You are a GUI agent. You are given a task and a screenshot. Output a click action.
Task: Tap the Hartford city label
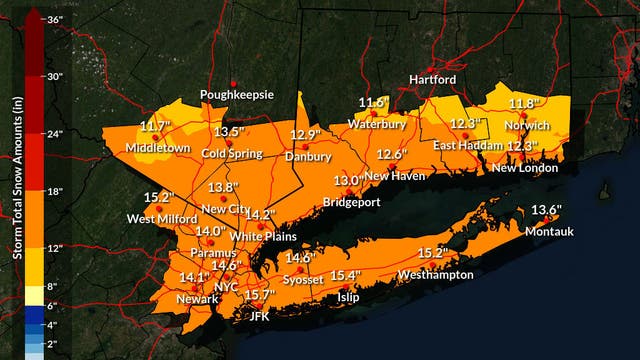pyautogui.click(x=433, y=80)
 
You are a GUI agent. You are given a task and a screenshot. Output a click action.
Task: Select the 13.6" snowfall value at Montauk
pyautogui.click(x=546, y=210)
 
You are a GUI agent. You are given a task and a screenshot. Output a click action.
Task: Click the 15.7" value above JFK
pyautogui.click(x=259, y=295)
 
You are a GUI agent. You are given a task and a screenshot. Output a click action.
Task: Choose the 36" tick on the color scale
pyautogui.click(x=55, y=19)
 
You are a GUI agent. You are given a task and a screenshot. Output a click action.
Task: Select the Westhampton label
pyautogui.click(x=431, y=274)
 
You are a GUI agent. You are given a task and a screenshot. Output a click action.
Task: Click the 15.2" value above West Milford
pyautogui.click(x=159, y=197)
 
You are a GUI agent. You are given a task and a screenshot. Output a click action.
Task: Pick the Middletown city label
pyautogui.click(x=157, y=148)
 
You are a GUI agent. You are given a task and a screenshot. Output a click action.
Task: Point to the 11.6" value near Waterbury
pyautogui.click(x=374, y=103)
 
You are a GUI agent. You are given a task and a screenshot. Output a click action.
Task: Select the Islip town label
pyautogui.click(x=348, y=297)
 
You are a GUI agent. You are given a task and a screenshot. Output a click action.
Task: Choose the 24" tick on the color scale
pyautogui.click(x=55, y=134)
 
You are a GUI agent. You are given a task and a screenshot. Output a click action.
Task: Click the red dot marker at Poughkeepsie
pyautogui.click(x=233, y=83)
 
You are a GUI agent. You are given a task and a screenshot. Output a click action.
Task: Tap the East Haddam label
pyautogui.click(x=465, y=146)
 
